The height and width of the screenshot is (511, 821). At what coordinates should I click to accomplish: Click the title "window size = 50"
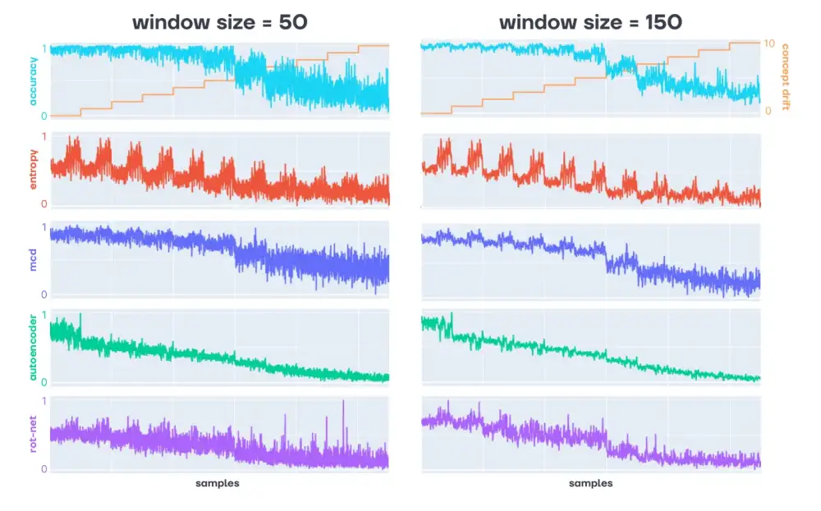(220, 22)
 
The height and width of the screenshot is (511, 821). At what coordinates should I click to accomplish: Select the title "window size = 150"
(590, 22)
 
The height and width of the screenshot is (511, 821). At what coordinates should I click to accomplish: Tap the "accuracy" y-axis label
(33, 80)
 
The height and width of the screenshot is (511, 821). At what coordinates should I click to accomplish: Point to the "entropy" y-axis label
(33, 170)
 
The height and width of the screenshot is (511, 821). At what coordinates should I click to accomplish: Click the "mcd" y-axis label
(33, 260)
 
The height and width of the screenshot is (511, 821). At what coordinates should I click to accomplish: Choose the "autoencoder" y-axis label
(33, 349)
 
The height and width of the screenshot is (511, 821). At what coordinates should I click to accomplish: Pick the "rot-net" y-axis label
(33, 435)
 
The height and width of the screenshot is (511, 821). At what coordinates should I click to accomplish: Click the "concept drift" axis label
(786, 77)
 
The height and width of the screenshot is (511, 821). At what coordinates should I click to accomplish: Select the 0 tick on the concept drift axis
(768, 111)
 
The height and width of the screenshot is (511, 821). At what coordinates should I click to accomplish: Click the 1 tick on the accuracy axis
(44, 50)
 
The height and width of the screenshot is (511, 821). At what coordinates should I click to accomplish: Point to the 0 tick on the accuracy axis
(44, 116)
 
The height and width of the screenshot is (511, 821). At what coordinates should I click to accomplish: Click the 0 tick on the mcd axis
(44, 294)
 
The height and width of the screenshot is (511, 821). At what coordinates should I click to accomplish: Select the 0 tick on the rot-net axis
(44, 469)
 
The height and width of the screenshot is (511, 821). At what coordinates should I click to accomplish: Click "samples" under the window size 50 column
(218, 483)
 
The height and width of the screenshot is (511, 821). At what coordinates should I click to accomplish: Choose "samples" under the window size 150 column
(590, 483)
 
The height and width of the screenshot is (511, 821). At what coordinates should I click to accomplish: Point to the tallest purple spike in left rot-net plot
(343, 402)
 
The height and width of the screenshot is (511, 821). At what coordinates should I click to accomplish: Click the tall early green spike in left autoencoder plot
(80, 316)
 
